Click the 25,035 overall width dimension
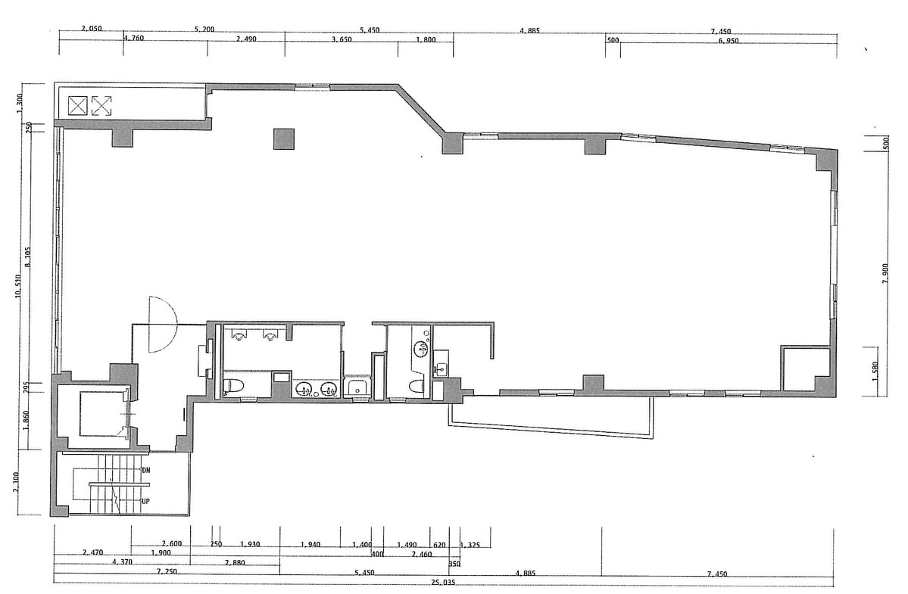[x=443, y=583]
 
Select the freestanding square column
[x=284, y=139]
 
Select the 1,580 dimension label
[x=876, y=372]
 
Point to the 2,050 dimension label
[x=91, y=30]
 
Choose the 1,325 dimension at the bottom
[x=470, y=545]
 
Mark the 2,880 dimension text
[x=235, y=563]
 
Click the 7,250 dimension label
[x=167, y=573]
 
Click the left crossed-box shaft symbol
[x=78, y=105]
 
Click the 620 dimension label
[x=439, y=545]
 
